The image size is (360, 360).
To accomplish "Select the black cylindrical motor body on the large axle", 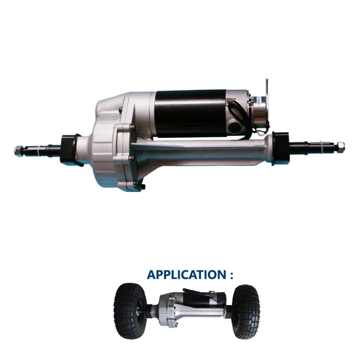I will (192, 111).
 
